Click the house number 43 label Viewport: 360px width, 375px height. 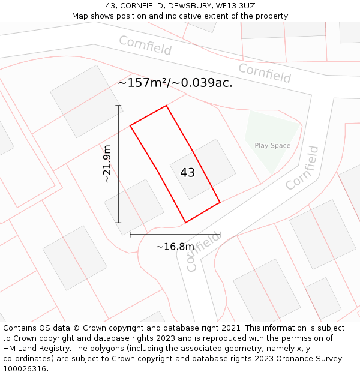coord(187,173)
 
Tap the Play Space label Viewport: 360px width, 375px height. coord(272,146)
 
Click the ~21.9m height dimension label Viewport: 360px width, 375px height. coord(107,163)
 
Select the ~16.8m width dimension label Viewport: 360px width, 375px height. coord(175,247)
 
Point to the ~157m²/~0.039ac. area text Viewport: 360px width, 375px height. coord(175,83)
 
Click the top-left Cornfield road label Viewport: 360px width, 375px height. coord(145,46)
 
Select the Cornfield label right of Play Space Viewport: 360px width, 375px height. coord(302,169)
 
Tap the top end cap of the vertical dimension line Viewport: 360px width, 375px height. coord(118,106)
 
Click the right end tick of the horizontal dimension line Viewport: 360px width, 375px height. coord(220,235)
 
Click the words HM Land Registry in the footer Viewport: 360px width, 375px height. coord(32,349)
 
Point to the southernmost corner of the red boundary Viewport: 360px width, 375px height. coord(185,223)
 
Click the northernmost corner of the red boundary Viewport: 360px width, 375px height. coord(166,106)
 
